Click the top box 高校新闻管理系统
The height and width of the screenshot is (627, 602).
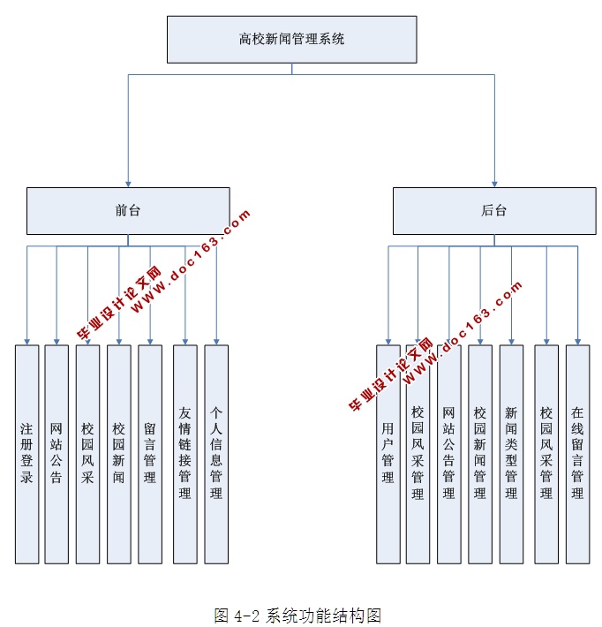click(x=291, y=40)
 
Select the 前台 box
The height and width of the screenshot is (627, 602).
click(x=128, y=210)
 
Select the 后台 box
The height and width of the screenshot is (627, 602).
click(x=494, y=210)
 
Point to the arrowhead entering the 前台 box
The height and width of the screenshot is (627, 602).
click(x=128, y=182)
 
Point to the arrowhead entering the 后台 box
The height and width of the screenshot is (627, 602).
click(x=494, y=182)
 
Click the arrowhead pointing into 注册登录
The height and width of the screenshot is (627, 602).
click(x=27, y=339)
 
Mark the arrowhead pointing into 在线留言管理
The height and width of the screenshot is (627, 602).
click(x=578, y=339)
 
